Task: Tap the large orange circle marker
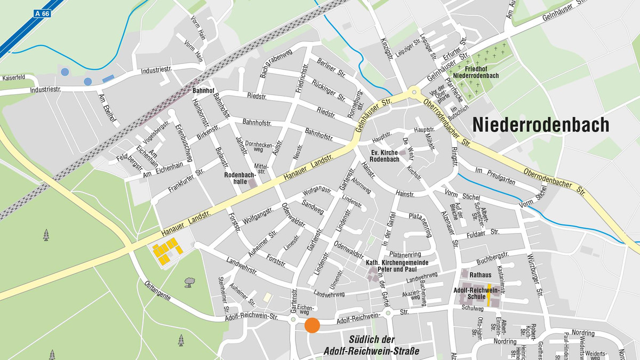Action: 312,325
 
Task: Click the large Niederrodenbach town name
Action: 541,125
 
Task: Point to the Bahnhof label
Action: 203,91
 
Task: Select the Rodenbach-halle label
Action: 240,178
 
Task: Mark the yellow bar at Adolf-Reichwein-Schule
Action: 489,295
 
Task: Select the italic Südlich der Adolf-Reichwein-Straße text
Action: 372,345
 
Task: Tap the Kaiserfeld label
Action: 14,77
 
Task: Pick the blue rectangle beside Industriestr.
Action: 108,78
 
